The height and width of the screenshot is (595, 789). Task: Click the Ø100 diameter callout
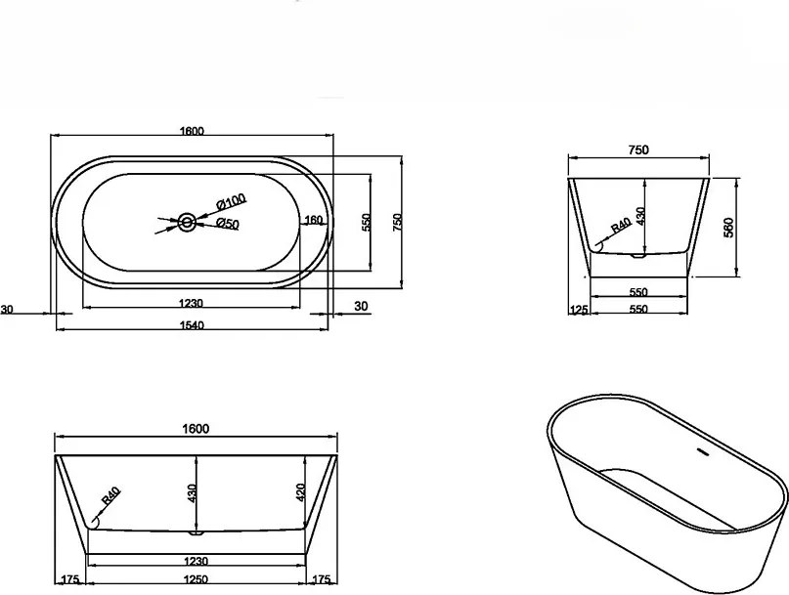pos(231,201)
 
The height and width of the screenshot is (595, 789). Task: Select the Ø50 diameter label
pos(228,224)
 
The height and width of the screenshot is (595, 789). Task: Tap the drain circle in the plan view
pos(187,222)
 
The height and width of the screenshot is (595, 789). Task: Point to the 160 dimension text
pos(313,220)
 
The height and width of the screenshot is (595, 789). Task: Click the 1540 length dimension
pos(192,325)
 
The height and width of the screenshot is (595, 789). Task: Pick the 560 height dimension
pos(729,228)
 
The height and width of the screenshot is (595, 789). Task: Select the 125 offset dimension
pos(579,310)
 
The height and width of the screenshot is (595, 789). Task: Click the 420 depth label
pos(300,493)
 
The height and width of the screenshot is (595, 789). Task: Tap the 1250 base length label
pos(196,579)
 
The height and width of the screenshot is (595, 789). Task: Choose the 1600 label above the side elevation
pos(196,429)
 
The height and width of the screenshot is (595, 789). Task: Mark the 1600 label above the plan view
pos(192,131)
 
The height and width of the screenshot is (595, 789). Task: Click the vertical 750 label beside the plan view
pos(398,222)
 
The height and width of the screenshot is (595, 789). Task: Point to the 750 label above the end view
pos(638,149)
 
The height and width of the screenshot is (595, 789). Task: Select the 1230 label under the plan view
pos(191,303)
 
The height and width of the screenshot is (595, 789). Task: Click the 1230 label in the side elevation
pos(197,561)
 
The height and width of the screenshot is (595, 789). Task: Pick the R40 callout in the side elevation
pos(111,495)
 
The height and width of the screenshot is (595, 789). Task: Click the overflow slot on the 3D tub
pos(702,452)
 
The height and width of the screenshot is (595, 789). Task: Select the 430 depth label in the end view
pos(640,216)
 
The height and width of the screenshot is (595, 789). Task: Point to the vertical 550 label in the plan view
pos(366,222)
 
